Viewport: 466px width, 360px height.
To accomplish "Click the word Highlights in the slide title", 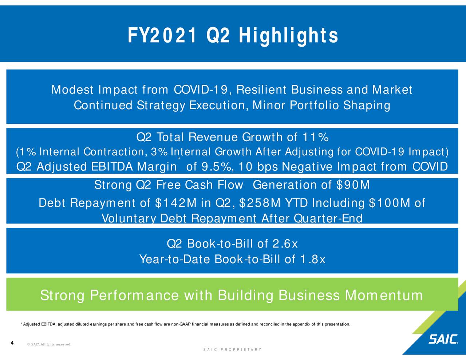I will point(289,36).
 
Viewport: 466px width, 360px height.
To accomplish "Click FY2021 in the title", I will point(162,36).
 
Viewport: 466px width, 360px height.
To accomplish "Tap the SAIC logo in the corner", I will point(443,339).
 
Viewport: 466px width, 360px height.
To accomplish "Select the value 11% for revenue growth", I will point(316,138).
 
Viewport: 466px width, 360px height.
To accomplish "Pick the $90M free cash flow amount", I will point(352,185).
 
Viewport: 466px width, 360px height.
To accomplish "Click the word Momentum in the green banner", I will point(384,295).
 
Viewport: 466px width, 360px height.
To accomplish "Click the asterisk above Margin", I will point(179,159).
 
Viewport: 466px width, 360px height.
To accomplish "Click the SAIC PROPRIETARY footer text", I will point(232,350).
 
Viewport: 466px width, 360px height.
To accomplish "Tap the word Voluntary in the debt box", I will point(129,219).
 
